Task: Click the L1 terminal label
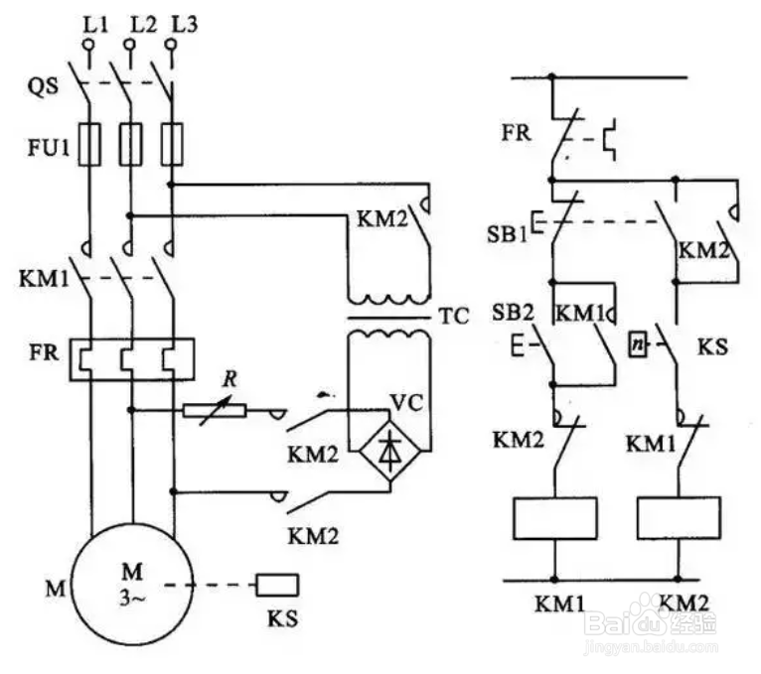point(95,24)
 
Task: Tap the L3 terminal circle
point(170,45)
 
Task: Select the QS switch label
point(43,86)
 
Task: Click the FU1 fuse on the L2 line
point(130,145)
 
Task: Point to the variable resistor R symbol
point(215,411)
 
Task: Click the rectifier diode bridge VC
point(389,451)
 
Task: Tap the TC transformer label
point(454,316)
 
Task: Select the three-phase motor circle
point(132,584)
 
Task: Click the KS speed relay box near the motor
point(277,585)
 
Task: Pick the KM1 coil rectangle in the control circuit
point(555,518)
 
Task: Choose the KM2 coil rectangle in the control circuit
point(679,518)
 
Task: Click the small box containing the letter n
point(639,344)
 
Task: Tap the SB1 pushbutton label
point(507,234)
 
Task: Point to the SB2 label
point(513,313)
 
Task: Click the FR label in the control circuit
point(517,132)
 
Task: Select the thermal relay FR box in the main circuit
point(132,359)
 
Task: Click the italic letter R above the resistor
point(229,379)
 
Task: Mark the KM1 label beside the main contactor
point(44,279)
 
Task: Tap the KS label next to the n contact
point(712,347)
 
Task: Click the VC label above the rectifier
point(406,402)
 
